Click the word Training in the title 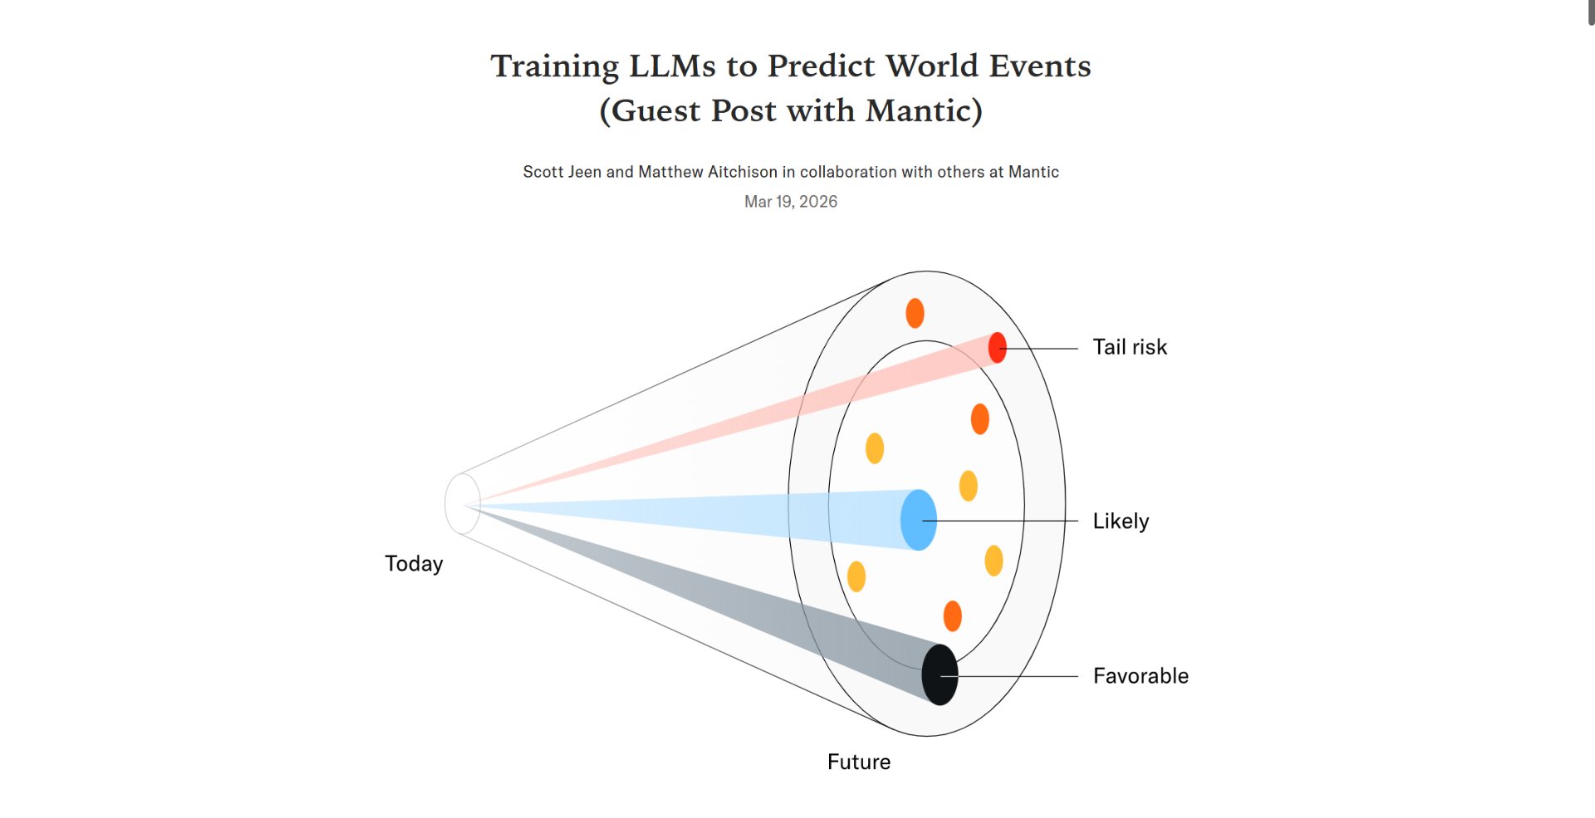(x=554, y=66)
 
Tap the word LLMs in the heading (x=671, y=66)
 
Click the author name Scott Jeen (x=562, y=172)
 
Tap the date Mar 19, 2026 (x=791, y=202)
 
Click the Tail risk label (x=1130, y=347)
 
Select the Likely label (x=1121, y=522)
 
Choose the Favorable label (x=1141, y=676)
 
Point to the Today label (x=414, y=564)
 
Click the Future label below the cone (x=859, y=762)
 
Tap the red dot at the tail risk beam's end (x=998, y=348)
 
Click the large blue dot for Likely (x=919, y=520)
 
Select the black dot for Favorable (x=940, y=674)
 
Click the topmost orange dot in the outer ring (x=915, y=313)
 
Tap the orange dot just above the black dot (x=953, y=616)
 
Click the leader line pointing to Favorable (x=1009, y=677)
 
